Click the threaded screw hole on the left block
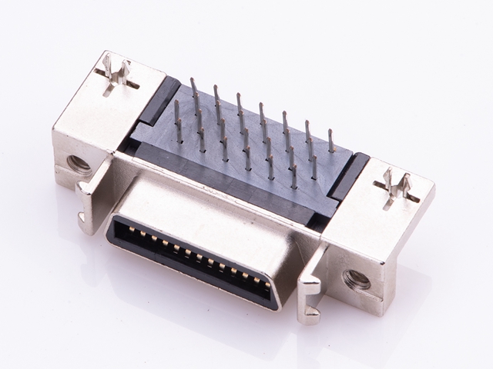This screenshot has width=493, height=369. [x=79, y=163]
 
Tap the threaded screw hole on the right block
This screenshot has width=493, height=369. [x=357, y=278]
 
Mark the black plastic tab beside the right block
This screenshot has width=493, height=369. [x=348, y=176]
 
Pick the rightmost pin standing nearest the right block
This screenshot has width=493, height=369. [x=331, y=141]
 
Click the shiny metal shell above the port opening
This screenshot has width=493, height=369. [x=208, y=216]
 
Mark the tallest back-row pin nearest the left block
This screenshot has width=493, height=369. [x=193, y=88]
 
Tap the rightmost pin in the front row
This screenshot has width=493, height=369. [x=293, y=177]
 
